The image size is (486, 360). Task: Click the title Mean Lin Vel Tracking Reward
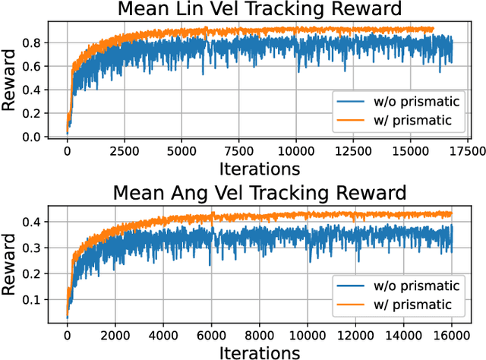[259, 11]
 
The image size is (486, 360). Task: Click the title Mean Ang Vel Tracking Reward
[259, 192]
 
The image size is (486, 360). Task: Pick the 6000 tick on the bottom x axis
[211, 332]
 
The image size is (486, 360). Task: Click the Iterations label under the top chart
[259, 168]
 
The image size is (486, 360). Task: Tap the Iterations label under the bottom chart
[259, 350]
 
